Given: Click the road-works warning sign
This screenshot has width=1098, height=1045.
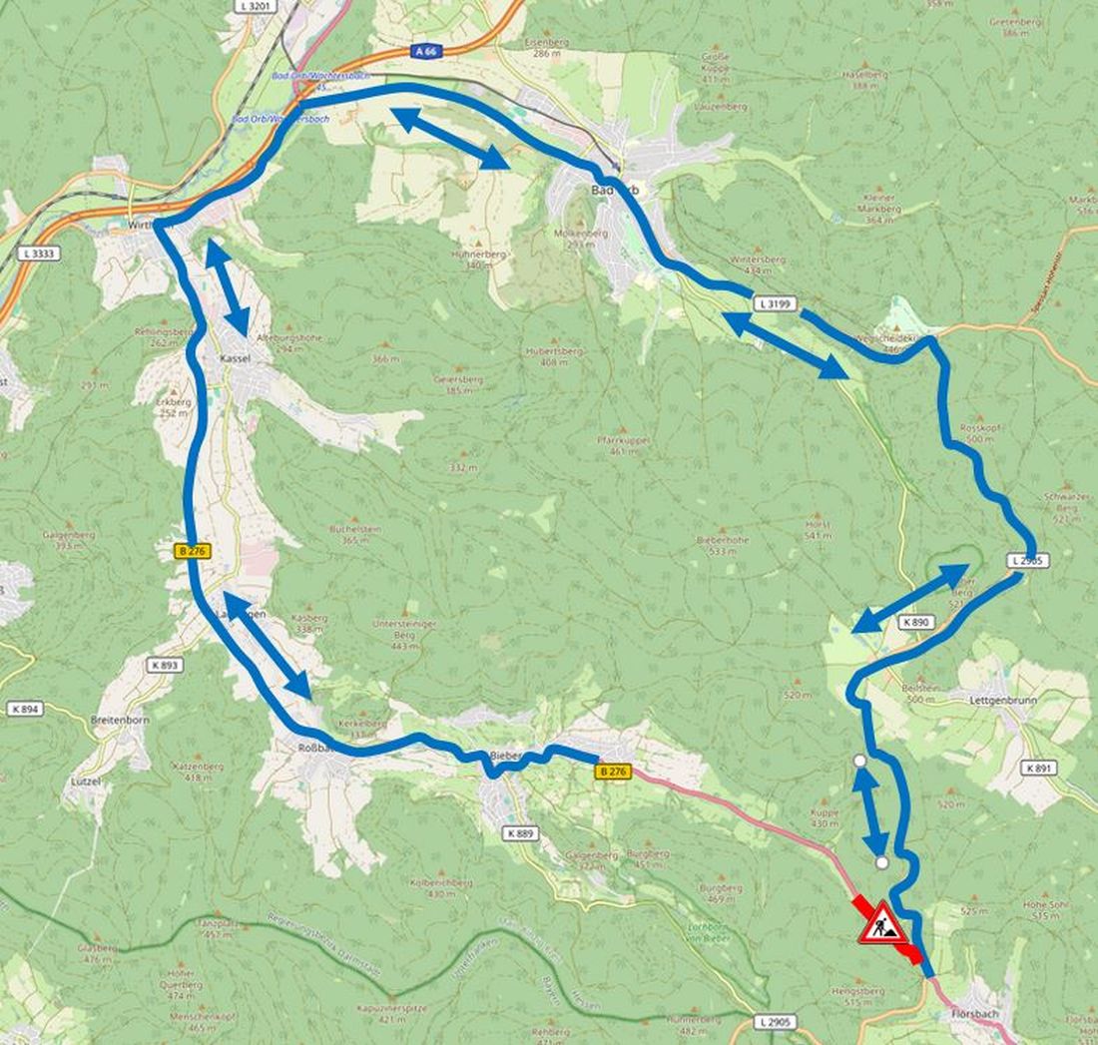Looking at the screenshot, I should pos(882,923).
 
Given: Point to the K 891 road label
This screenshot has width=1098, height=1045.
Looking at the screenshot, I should pos(1039,769).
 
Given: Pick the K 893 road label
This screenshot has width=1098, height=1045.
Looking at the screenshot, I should pos(165,665).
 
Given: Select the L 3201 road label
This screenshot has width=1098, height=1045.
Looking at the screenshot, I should pos(257,6).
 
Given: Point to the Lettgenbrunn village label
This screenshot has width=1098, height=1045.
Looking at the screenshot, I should pos(1002,701).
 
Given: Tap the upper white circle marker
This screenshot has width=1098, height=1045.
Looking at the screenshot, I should pos(859,761).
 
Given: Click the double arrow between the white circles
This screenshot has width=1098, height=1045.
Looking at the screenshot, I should pos(870,810).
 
